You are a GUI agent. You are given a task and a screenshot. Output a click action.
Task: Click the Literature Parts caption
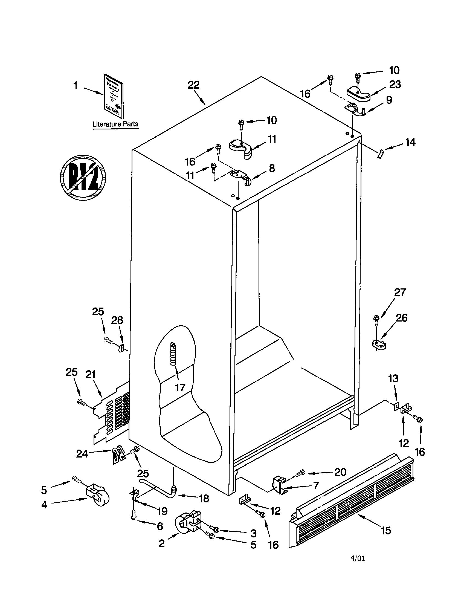click(115, 124)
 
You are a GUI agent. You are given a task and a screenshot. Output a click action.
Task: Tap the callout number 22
click(193, 85)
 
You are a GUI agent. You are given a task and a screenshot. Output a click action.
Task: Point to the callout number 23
click(395, 84)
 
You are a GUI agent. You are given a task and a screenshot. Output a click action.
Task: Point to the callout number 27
click(400, 292)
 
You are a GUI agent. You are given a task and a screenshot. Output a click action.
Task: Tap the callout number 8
click(272, 168)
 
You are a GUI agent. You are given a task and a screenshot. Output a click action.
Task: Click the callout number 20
click(340, 472)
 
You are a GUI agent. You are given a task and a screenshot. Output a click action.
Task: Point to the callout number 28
click(117, 320)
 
